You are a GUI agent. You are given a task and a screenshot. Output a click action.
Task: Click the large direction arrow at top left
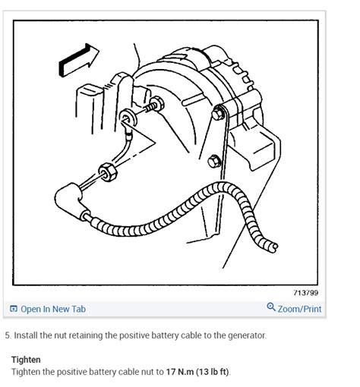77,61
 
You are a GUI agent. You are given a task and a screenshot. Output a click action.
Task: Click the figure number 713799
306,293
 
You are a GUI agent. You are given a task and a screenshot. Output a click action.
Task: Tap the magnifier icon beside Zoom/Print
271,307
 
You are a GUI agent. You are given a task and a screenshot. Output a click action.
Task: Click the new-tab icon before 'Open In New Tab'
14,309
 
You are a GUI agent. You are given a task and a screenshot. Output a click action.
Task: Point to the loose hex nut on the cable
108,172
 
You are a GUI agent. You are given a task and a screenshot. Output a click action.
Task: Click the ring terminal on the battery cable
128,118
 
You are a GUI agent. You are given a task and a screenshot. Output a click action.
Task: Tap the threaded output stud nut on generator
157,103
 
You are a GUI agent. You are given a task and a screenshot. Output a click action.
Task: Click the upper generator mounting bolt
218,113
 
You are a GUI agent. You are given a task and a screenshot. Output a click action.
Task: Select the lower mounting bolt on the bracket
214,162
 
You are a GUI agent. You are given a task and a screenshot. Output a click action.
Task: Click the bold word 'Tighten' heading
26,360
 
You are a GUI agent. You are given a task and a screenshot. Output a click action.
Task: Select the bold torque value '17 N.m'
180,372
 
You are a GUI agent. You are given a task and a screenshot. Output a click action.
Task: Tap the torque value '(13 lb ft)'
213,372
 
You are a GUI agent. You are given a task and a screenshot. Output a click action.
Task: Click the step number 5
8,335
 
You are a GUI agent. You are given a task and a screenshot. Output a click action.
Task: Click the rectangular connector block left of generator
90,109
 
